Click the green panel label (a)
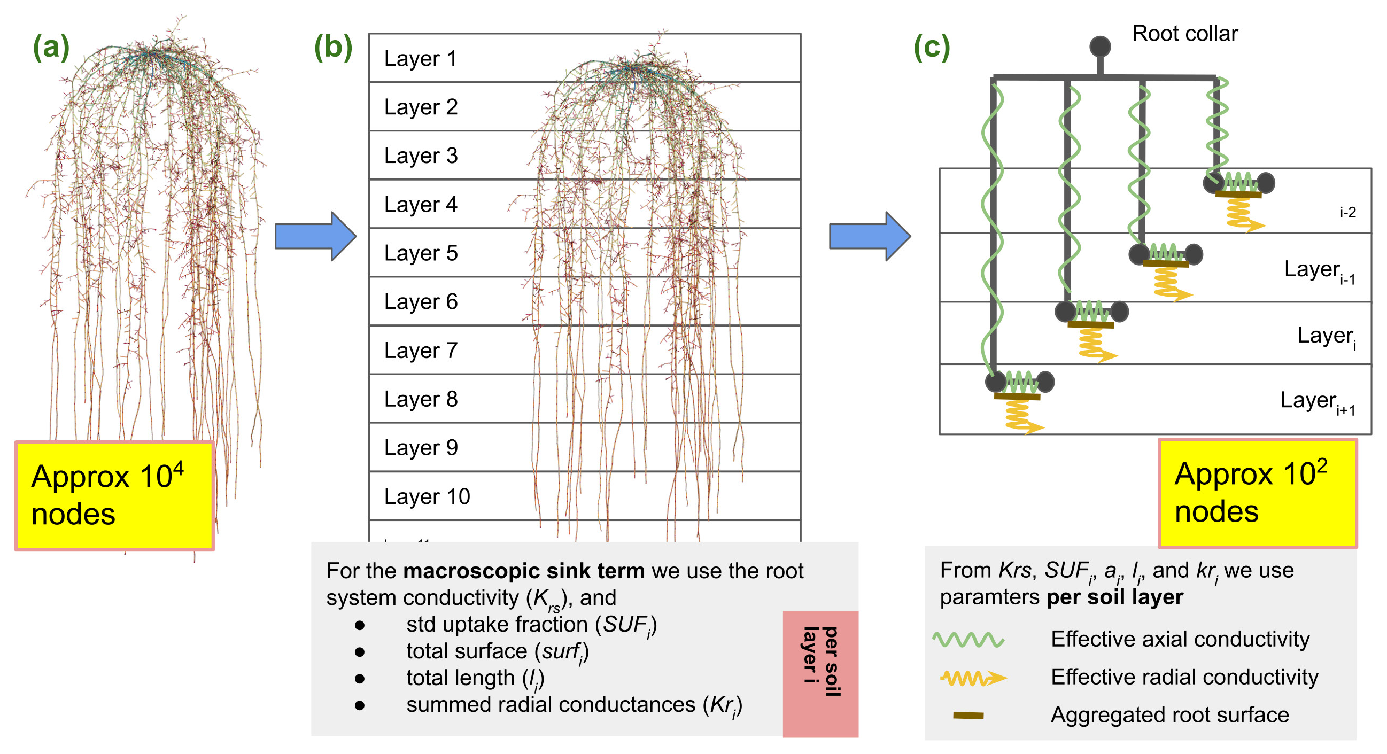[51, 47]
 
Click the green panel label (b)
[333, 47]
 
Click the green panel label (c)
[932, 47]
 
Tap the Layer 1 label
[421, 58]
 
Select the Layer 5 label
[421, 253]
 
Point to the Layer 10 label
[427, 496]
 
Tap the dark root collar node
[1099, 46]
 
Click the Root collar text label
[1184, 33]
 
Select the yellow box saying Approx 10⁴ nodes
[114, 495]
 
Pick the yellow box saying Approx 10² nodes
[1257, 493]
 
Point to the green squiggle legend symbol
[968, 639]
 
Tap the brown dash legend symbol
[968, 715]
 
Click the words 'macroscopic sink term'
[523, 571]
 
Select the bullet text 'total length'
[460, 678]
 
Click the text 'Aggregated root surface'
[1169, 714]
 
